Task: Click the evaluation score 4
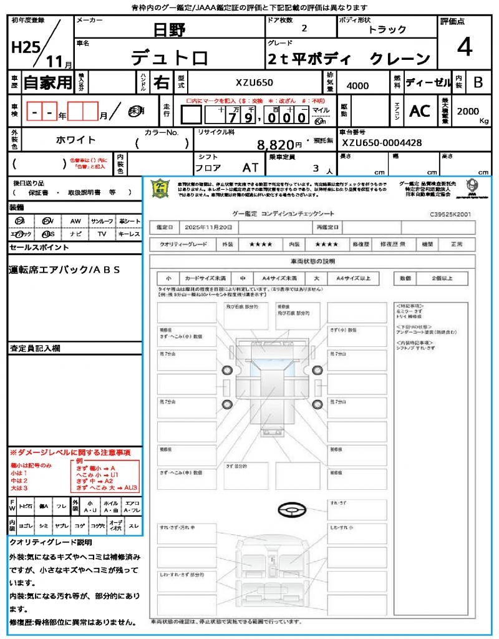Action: [464, 47]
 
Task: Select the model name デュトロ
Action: [169, 57]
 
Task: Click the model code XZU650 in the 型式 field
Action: [254, 82]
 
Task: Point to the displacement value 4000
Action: [357, 85]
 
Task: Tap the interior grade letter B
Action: [478, 82]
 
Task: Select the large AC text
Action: [419, 111]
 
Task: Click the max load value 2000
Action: [468, 111]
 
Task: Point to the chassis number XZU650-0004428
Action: [382, 143]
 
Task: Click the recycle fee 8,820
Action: [275, 145]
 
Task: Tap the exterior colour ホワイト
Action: [77, 140]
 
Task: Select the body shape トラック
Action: [387, 29]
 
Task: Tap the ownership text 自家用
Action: [48, 82]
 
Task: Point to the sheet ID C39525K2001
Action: [450, 214]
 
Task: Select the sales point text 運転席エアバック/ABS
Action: [64, 270]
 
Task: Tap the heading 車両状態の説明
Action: [312, 261]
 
